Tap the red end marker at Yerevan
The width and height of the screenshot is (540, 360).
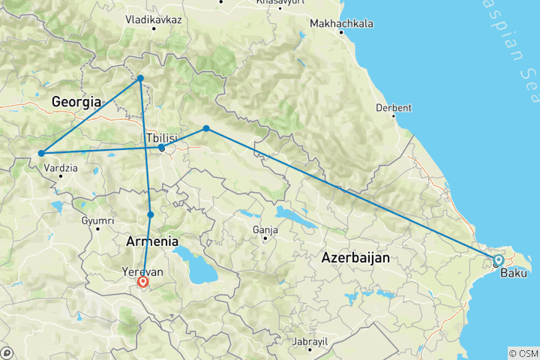pos(142,282)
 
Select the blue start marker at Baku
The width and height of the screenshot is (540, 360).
pos(498,260)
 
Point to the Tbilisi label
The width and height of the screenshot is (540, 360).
pos(163,139)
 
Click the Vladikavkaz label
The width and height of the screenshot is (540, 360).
pos(154,18)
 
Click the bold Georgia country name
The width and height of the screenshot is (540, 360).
pos(76,100)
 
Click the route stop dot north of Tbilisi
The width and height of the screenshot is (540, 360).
pos(140,78)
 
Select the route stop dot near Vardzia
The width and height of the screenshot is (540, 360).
pos(40,154)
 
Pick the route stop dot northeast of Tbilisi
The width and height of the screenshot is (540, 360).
pos(206,128)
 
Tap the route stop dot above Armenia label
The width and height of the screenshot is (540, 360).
pos(151,214)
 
